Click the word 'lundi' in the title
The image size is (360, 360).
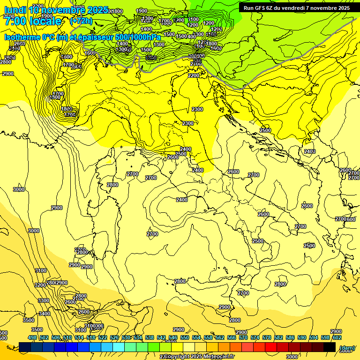pyautogui.click(x=15, y=9)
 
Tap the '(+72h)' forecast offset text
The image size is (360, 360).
pyautogui.click(x=81, y=21)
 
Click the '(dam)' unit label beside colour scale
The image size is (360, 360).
pyautogui.click(x=346, y=348)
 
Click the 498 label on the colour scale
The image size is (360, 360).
pyautogui.click(x=32, y=337)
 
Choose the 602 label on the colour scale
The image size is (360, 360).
pyautogui.click(x=337, y=337)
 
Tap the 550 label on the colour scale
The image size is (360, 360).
pyautogui.click(x=185, y=337)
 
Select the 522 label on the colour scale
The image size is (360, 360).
pyautogui.click(x=103, y=337)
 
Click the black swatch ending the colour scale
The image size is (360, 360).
pyautogui.click(x=330, y=347)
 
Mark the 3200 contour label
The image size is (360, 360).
pyautogui.click(x=40, y=285)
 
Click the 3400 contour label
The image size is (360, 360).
pyautogui.click(x=45, y=314)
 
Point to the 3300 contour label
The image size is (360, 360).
pyautogui.click(x=43, y=300)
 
